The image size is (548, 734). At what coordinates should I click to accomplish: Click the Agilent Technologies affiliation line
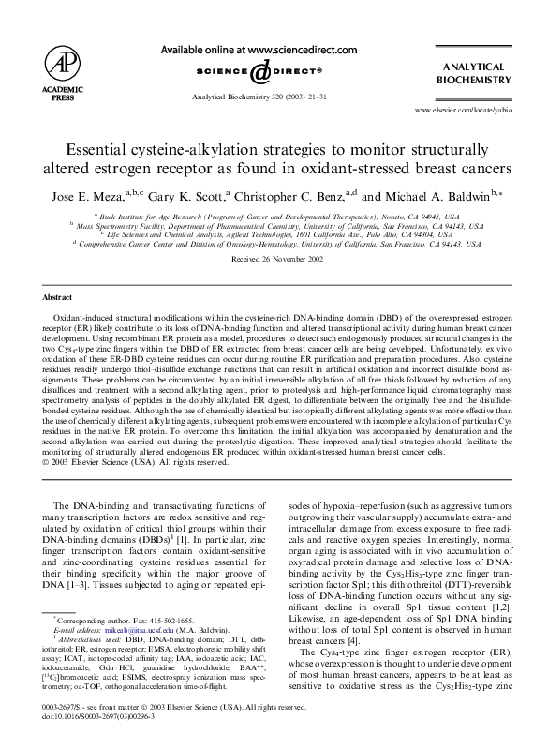(274, 233)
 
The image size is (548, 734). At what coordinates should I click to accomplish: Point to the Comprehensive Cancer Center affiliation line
(274, 243)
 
